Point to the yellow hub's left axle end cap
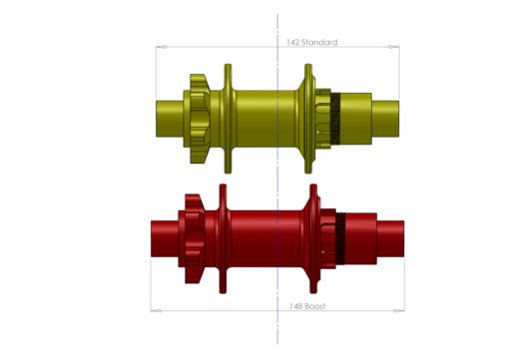pyautogui.click(x=168, y=110)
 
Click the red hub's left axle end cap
pyautogui.click(x=162, y=233)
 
